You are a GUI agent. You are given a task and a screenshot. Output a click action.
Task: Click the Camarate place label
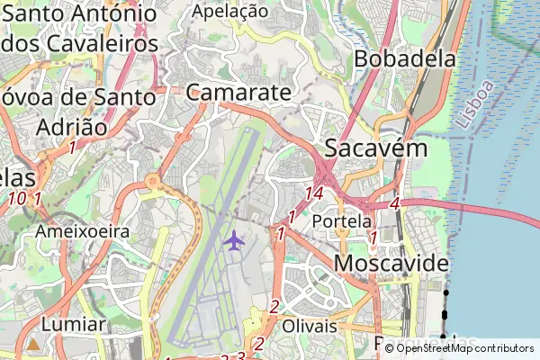(x=239, y=93)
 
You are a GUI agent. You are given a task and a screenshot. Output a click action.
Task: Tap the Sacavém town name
(x=375, y=148)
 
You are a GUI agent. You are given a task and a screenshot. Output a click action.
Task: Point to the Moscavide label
(x=391, y=264)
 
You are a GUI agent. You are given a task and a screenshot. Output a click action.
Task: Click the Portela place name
(x=342, y=220)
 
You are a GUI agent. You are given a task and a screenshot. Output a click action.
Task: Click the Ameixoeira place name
(x=83, y=231)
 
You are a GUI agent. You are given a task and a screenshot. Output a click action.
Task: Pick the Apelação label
(x=230, y=12)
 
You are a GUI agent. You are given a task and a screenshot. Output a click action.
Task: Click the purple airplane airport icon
(x=234, y=240)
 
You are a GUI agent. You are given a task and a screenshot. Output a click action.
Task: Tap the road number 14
(x=314, y=193)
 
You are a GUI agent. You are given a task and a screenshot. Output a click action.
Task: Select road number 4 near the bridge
(x=394, y=205)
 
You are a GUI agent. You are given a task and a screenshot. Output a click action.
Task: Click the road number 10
(x=16, y=198)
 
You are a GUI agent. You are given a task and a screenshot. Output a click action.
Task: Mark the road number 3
(x=240, y=355)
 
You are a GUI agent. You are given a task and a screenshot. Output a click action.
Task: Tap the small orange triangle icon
(x=33, y=344)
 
